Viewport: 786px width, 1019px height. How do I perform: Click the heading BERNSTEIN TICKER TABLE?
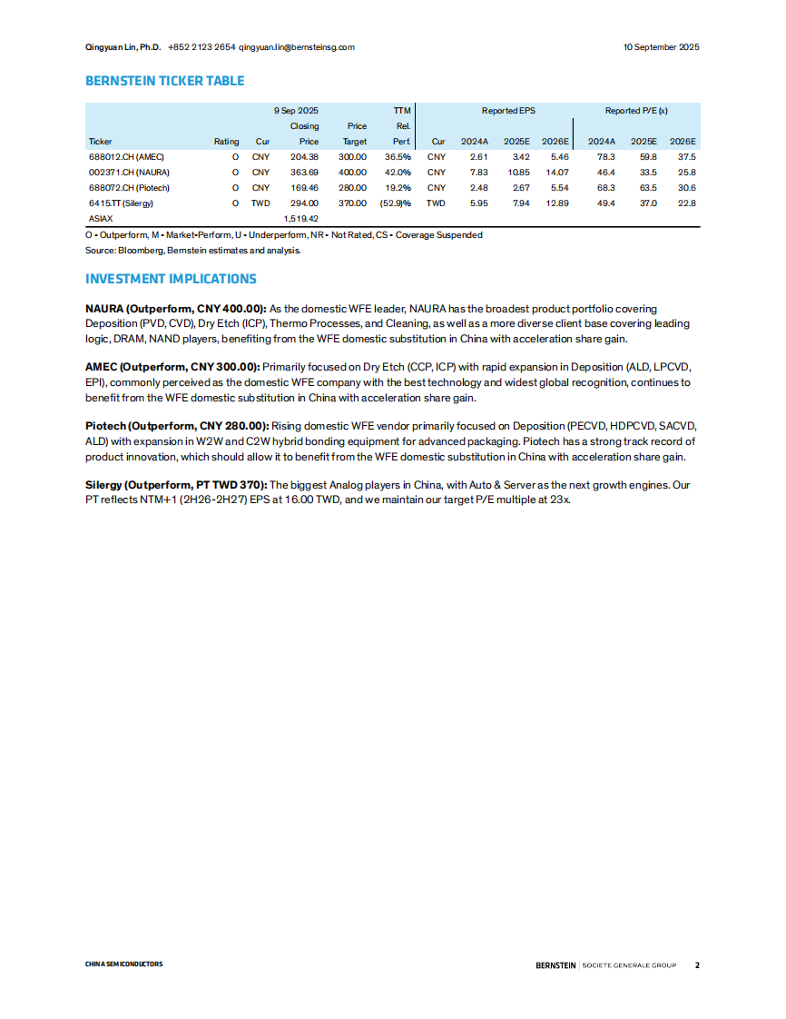tap(164, 81)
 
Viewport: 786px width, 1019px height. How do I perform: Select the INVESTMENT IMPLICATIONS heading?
tap(171, 279)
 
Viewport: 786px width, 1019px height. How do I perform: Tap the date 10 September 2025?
tap(661, 47)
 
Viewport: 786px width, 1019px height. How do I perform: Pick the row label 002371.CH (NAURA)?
tap(129, 172)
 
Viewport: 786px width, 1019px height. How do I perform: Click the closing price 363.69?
tap(303, 172)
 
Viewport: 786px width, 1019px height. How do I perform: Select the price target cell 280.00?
tap(353, 187)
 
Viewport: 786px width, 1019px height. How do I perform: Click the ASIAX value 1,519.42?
tap(300, 219)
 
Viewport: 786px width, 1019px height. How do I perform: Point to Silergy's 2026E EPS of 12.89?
tap(555, 203)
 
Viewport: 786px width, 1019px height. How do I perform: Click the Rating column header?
tap(226, 142)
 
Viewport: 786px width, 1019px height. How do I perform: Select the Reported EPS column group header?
tap(508, 111)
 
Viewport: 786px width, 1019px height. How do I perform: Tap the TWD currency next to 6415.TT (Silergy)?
tap(260, 203)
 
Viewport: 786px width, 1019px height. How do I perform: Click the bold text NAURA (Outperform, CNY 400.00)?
tap(176, 310)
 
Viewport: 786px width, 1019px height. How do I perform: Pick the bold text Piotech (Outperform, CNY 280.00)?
tap(177, 426)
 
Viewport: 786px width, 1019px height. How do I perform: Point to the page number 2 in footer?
tap(697, 965)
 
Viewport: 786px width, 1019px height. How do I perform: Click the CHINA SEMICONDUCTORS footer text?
tap(124, 965)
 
